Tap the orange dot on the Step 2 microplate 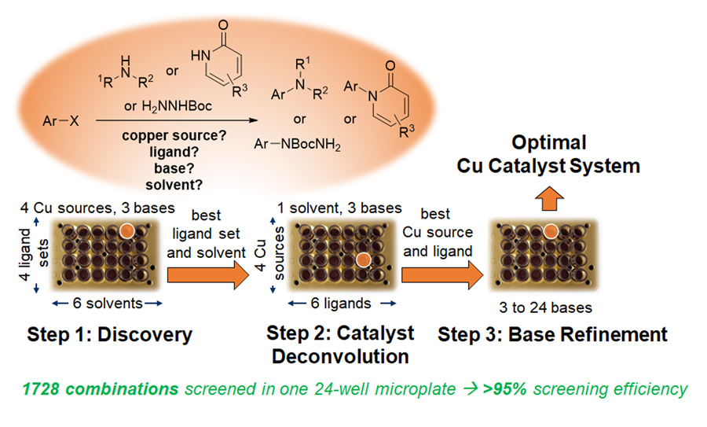tap(362, 260)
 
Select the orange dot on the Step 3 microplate tap(551, 231)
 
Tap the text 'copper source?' tap(174, 135)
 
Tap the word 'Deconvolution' tap(340, 356)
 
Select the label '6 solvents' tap(108, 303)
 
